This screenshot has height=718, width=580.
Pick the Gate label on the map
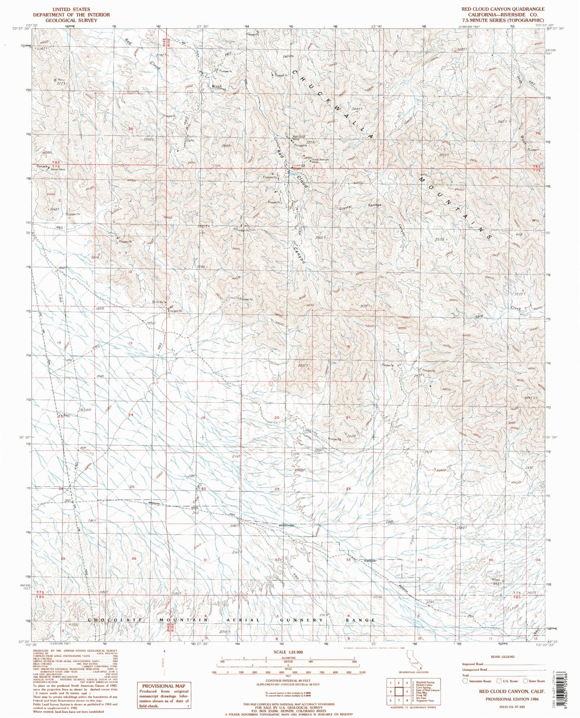[190, 140]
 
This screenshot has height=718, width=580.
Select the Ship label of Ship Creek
[479, 316]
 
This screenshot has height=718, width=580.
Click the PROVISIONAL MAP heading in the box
[163, 686]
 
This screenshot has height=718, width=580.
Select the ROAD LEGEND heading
[502, 657]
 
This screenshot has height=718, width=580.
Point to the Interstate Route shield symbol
[465, 681]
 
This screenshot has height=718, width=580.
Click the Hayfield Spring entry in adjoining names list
[426, 682]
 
